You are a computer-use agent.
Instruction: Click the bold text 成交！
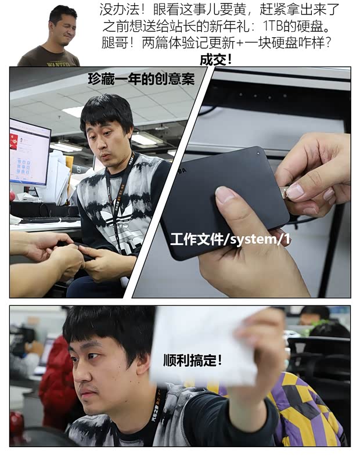coord(215,60)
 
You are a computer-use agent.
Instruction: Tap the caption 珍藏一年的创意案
coord(141,79)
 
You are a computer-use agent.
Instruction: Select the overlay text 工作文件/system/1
coord(231,240)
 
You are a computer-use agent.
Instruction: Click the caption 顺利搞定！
coord(192,360)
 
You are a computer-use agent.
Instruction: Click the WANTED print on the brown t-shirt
coord(58,63)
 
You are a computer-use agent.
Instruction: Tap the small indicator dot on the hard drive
coord(258,153)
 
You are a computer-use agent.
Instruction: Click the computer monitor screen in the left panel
coord(28,152)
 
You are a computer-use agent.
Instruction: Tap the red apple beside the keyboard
coord(12,196)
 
